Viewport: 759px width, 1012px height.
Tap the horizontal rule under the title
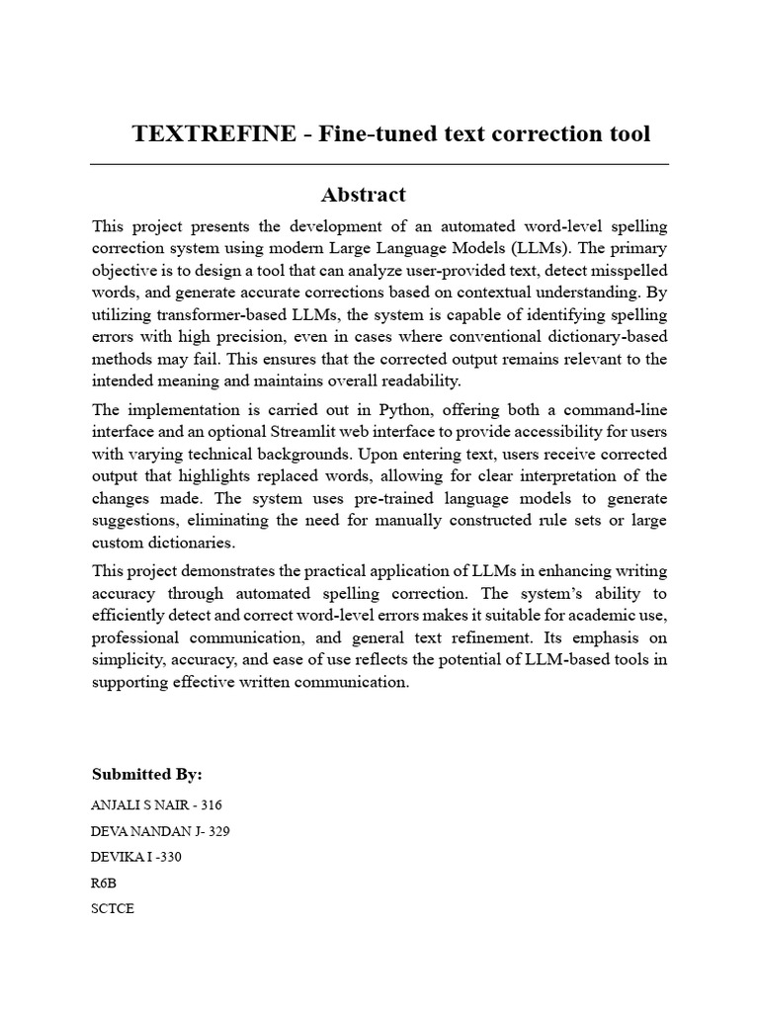click(x=379, y=164)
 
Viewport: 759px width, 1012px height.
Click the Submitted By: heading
click(x=146, y=774)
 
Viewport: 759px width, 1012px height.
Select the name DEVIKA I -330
click(x=136, y=857)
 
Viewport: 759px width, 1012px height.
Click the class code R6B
click(x=104, y=884)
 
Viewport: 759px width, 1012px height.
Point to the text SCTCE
click(x=112, y=909)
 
